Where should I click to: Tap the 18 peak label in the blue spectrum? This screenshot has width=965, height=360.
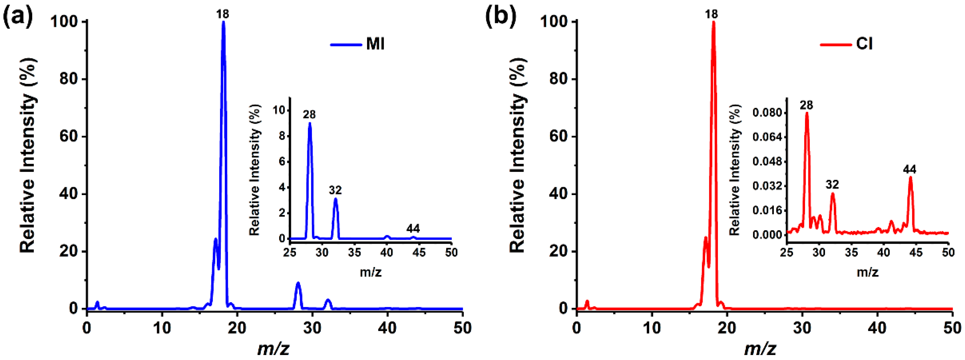[223, 14]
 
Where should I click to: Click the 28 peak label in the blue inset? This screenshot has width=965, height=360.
[309, 114]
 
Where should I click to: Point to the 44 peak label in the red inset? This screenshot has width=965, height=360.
[910, 170]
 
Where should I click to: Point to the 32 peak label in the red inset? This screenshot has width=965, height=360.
[832, 185]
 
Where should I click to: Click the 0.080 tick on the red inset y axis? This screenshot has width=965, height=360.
[767, 113]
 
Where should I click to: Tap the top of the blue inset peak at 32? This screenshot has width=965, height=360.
[336, 199]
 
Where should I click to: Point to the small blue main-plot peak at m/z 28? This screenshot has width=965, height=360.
[298, 284]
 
